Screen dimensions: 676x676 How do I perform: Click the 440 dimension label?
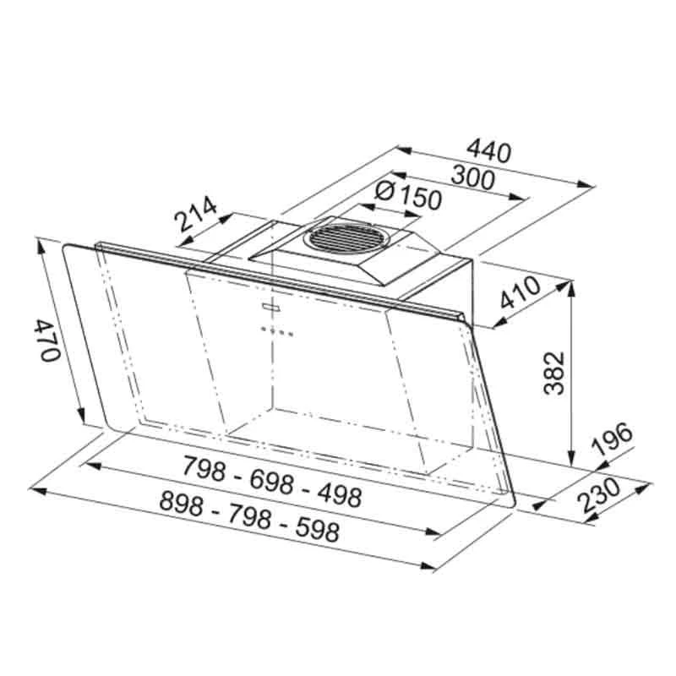[488, 151]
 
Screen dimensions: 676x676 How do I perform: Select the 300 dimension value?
[473, 178]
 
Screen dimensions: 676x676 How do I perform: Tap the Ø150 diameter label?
[408, 196]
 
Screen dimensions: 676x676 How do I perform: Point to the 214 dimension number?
[195, 214]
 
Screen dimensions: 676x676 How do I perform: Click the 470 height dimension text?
[46, 341]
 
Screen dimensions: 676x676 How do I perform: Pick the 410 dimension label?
[520, 292]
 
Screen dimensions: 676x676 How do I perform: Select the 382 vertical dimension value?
[554, 373]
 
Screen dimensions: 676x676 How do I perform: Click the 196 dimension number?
[612, 439]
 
